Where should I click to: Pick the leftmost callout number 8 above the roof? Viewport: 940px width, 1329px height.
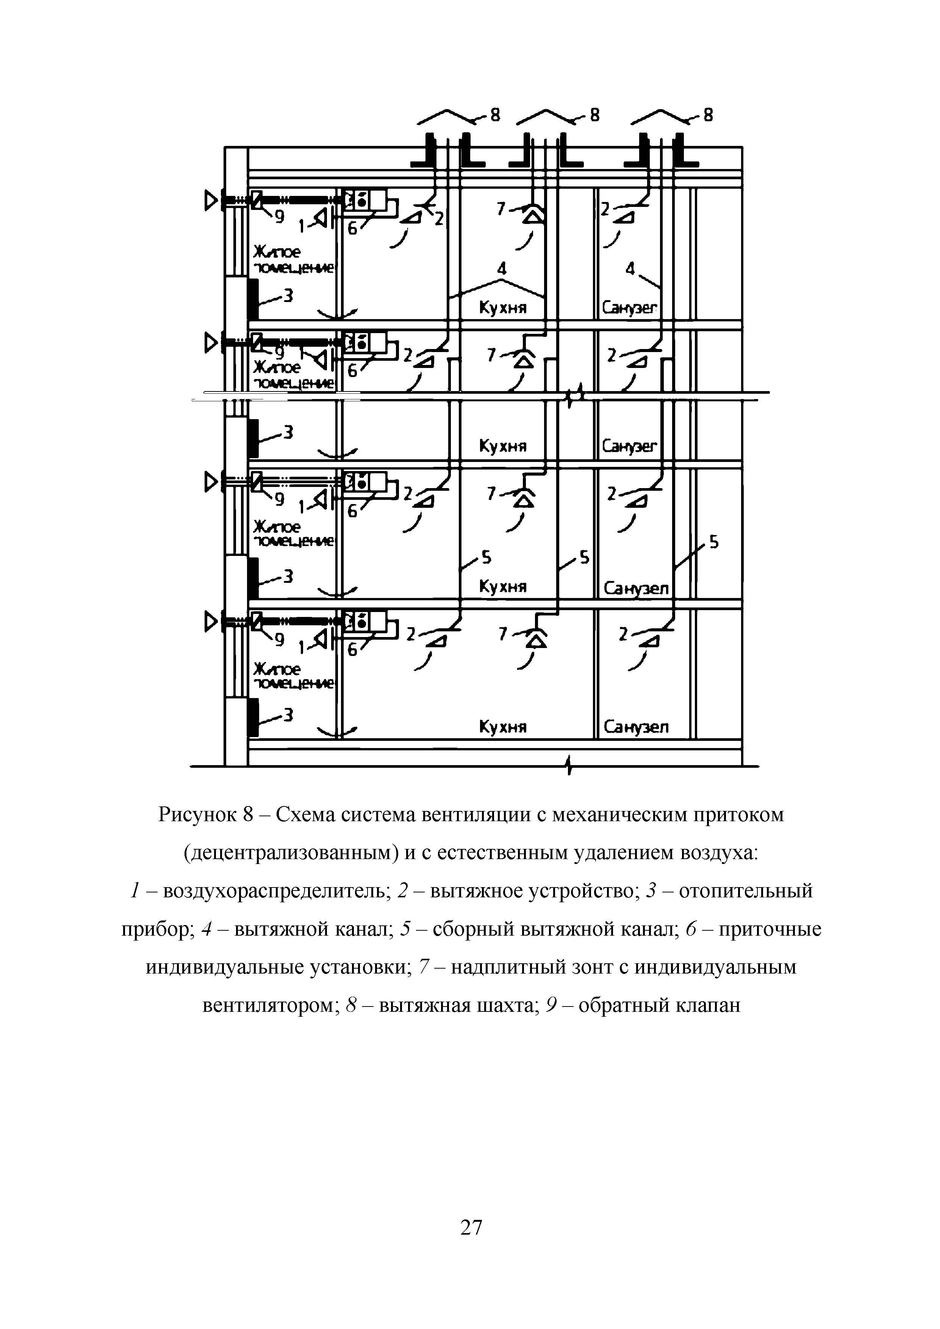(495, 116)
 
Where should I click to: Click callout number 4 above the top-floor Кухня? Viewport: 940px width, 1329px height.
(501, 269)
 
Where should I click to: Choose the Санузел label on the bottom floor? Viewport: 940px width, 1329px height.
(636, 727)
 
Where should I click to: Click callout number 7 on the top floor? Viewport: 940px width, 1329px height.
(501, 208)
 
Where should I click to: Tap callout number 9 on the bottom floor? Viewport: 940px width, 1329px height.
(280, 640)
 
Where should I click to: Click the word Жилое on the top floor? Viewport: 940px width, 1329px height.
(277, 252)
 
